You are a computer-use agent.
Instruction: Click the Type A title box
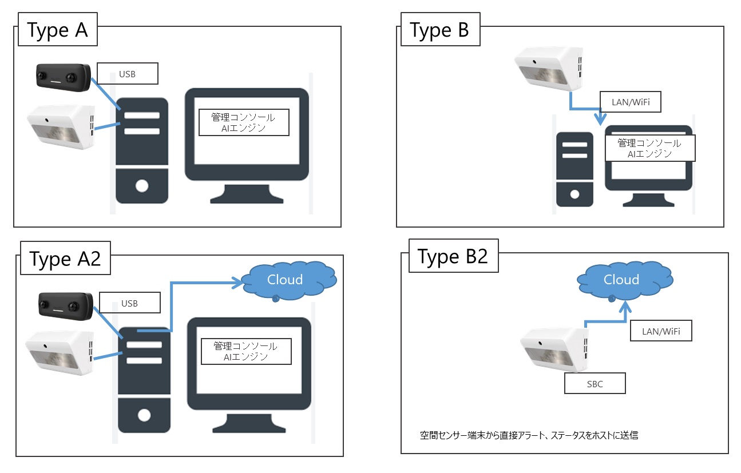[58, 30]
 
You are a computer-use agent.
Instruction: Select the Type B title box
[439, 30]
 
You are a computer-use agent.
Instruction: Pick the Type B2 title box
[453, 256]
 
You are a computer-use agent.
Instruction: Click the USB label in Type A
[126, 74]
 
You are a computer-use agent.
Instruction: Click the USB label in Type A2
[129, 303]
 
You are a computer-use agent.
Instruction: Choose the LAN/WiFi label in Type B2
[661, 331]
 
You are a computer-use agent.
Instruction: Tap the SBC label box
[595, 383]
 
